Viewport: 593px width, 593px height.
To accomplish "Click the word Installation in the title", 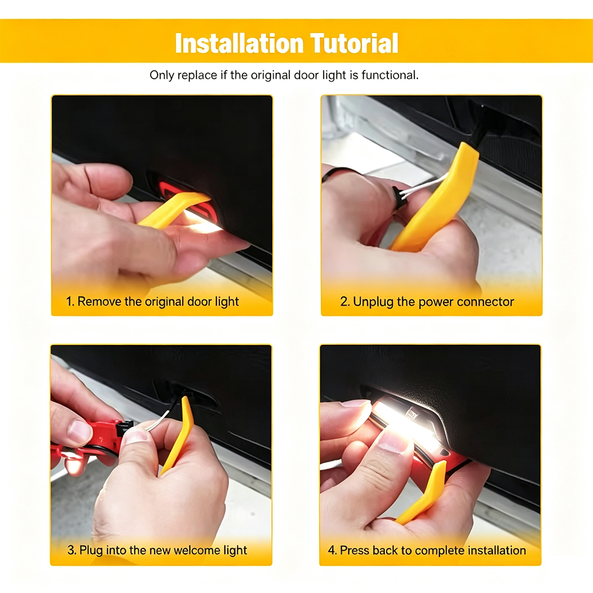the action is (240, 43).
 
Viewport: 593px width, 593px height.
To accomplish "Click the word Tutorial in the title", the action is (355, 43).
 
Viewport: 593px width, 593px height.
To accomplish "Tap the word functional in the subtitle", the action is (390, 75).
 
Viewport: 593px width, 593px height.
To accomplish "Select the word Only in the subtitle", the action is (162, 75).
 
